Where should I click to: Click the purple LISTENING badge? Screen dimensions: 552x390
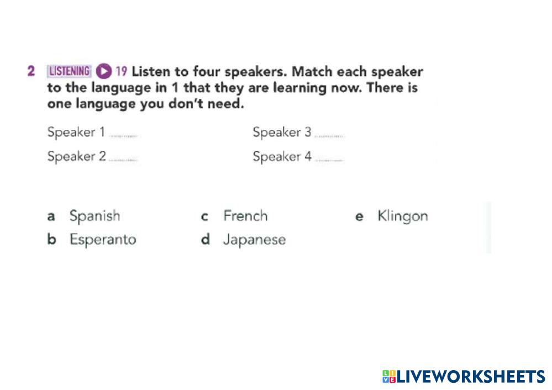[x=69, y=71]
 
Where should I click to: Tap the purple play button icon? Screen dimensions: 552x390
[x=103, y=71]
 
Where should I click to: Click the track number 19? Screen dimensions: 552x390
[x=121, y=71]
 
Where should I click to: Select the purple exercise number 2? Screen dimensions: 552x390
[x=31, y=71]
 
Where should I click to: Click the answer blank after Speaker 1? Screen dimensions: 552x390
[x=124, y=136]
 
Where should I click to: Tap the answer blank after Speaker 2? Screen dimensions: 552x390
[x=123, y=160]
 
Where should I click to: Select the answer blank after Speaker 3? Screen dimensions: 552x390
[x=329, y=136]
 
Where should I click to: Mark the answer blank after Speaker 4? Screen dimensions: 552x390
[x=329, y=160]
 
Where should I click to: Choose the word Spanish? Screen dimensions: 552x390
[x=94, y=216]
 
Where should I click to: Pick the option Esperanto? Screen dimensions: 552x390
[x=103, y=240]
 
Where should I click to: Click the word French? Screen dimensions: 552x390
[x=245, y=216]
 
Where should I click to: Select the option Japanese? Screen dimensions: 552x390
[x=254, y=240]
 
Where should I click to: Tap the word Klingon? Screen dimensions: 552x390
[x=403, y=216]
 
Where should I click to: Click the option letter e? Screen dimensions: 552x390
[x=359, y=217]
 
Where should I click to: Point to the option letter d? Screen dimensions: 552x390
[x=205, y=239]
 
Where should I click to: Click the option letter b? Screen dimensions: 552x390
[x=51, y=239]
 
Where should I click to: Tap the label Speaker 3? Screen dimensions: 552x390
[x=282, y=133]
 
